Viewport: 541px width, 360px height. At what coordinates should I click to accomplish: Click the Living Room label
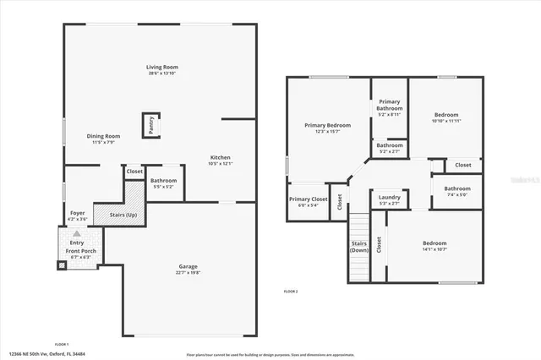[161, 68]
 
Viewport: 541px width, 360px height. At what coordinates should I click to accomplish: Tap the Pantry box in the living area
[151, 125]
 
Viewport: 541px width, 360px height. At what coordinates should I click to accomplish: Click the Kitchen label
[220, 158]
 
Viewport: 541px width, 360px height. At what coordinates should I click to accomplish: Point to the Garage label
[188, 267]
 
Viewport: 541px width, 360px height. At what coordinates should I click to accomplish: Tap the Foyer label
[77, 214]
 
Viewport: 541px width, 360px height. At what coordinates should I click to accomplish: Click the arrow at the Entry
[77, 233]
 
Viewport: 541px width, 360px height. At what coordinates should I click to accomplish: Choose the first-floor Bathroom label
[163, 181]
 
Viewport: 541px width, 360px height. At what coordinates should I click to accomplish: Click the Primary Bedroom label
[327, 125]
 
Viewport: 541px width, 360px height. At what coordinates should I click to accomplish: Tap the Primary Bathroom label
[390, 105]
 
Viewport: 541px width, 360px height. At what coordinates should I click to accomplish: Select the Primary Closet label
[308, 199]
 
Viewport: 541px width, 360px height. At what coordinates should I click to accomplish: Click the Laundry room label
[390, 198]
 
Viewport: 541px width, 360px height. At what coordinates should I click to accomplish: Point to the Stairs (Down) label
[359, 247]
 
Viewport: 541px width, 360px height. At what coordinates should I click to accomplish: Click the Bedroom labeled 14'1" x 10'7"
[434, 244]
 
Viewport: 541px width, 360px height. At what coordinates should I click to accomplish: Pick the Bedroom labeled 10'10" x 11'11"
[446, 116]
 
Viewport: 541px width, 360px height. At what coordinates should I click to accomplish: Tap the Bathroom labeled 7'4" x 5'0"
[457, 189]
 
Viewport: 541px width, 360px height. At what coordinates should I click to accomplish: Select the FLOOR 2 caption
[291, 291]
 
